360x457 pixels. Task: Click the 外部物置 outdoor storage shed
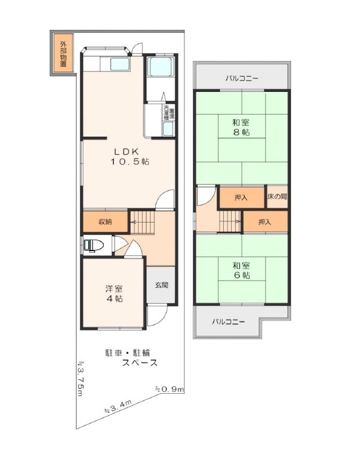(x=63, y=54)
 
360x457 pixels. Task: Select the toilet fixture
(x=93, y=245)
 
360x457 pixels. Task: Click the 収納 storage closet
(x=105, y=221)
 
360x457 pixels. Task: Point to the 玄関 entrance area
(x=161, y=285)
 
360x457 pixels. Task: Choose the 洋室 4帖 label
(x=114, y=294)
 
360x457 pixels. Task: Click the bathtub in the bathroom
(x=161, y=67)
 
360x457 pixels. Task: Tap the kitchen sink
(x=120, y=64)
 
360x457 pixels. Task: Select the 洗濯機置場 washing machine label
(x=169, y=113)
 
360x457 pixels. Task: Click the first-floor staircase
(x=141, y=222)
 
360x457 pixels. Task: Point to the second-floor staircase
(x=230, y=221)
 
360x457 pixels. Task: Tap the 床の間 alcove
(x=277, y=197)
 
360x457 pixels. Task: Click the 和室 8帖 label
(x=241, y=127)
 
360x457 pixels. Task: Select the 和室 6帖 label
(x=241, y=270)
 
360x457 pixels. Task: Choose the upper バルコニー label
(x=242, y=78)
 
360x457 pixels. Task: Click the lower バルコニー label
(x=229, y=322)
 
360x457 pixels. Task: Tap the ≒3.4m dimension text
(x=118, y=407)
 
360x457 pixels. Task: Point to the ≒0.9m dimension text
(x=169, y=389)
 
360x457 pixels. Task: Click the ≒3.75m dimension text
(x=81, y=378)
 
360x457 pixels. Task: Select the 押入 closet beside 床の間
(x=241, y=197)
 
